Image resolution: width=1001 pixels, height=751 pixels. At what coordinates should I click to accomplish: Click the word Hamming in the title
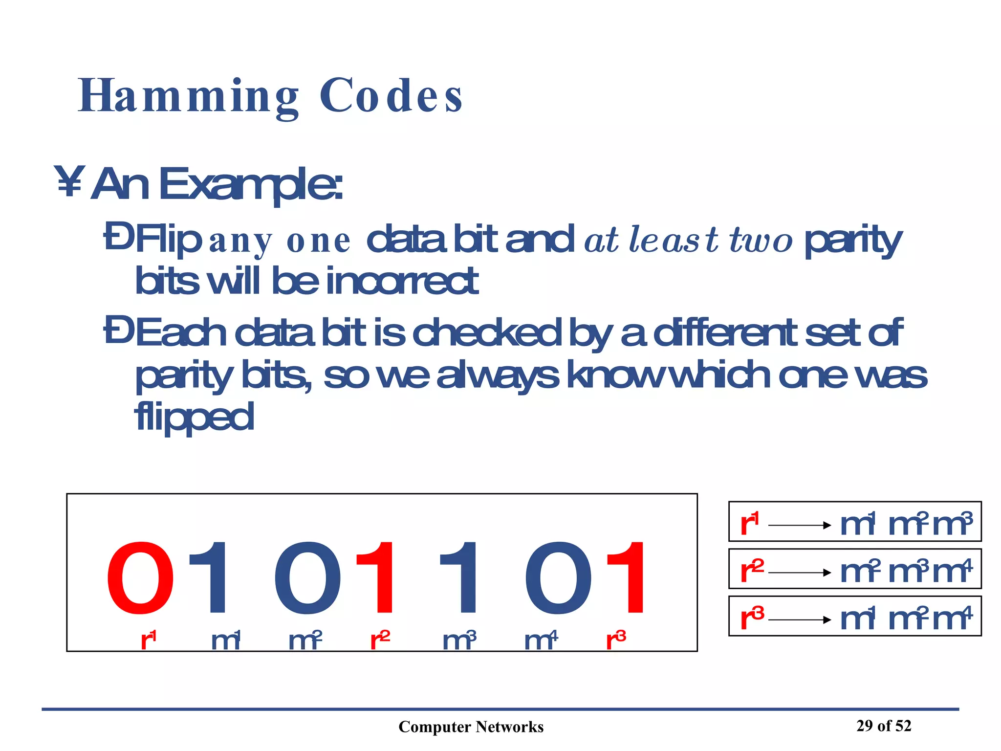click(x=188, y=96)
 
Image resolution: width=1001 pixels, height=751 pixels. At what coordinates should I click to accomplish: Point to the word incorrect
click(x=402, y=282)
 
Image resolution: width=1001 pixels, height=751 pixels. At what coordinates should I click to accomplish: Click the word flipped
click(x=194, y=417)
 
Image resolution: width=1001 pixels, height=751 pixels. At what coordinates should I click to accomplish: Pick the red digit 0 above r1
click(x=140, y=578)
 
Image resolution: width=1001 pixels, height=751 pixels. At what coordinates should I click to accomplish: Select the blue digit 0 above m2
click(x=308, y=578)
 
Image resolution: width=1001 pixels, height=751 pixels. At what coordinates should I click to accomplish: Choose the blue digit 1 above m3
click(x=459, y=578)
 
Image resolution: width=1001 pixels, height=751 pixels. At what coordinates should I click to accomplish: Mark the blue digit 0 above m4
click(x=558, y=578)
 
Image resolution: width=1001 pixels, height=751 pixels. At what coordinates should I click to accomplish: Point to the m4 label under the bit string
click(x=541, y=640)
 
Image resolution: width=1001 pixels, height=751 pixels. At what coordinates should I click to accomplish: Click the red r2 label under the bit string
click(x=380, y=640)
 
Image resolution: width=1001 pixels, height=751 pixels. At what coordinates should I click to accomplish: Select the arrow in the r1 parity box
click(x=800, y=526)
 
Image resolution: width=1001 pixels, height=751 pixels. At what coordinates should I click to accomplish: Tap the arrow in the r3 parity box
click(x=800, y=620)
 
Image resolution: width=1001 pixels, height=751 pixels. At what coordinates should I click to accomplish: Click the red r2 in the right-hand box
click(x=752, y=570)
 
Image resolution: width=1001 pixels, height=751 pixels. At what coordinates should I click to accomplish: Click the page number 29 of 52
click(x=884, y=726)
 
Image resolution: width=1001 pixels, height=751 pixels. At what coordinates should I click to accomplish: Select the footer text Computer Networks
click(x=471, y=727)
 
